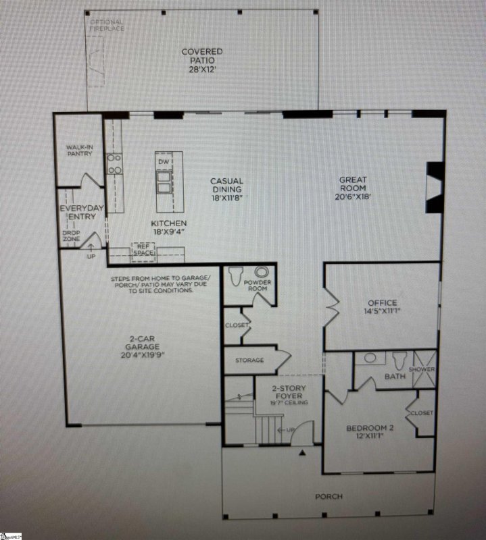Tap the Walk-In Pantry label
(80, 151)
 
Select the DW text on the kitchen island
(163, 162)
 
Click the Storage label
(249, 360)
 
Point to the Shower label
(426, 370)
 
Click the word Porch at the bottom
(329, 497)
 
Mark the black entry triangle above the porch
(303, 453)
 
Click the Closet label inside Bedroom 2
(421, 412)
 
